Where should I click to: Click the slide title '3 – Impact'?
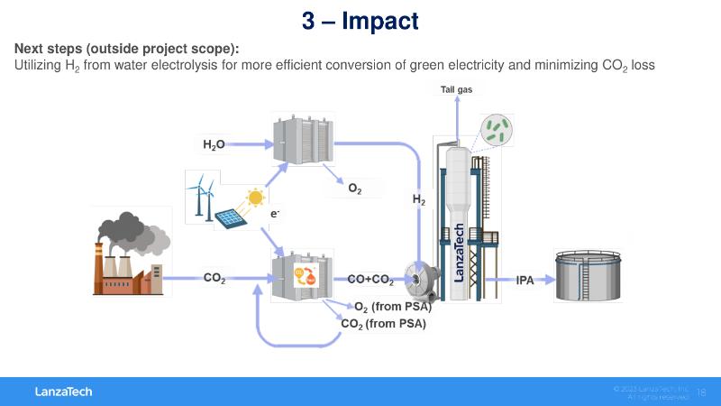point(360,20)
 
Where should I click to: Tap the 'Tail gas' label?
point(456,88)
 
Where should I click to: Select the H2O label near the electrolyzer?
point(214,144)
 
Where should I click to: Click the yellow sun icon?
point(257,197)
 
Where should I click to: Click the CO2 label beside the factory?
point(214,279)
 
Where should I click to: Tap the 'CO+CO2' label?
point(370,280)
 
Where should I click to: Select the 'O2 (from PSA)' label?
point(393,308)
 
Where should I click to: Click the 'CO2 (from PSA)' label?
point(383,324)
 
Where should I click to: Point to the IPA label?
point(525,280)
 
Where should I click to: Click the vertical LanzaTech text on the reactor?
point(459,252)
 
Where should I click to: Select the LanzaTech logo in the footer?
point(63,392)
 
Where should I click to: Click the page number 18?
point(702,392)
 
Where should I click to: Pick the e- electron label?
point(275,214)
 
